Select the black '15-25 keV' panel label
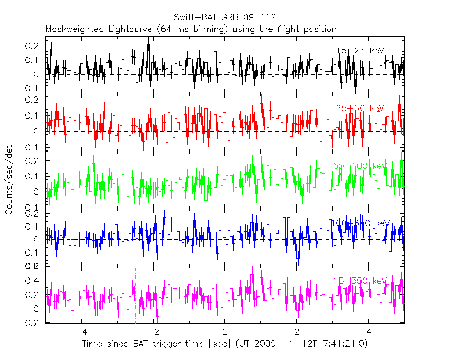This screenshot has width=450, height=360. point(360,51)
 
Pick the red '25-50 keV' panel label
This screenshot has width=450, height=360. point(360,108)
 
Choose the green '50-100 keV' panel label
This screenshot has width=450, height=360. point(360,166)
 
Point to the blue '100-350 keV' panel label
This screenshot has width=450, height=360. point(360,223)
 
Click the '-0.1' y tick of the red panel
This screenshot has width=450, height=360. point(31,148)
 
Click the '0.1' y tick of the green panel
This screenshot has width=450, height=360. point(33,176)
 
